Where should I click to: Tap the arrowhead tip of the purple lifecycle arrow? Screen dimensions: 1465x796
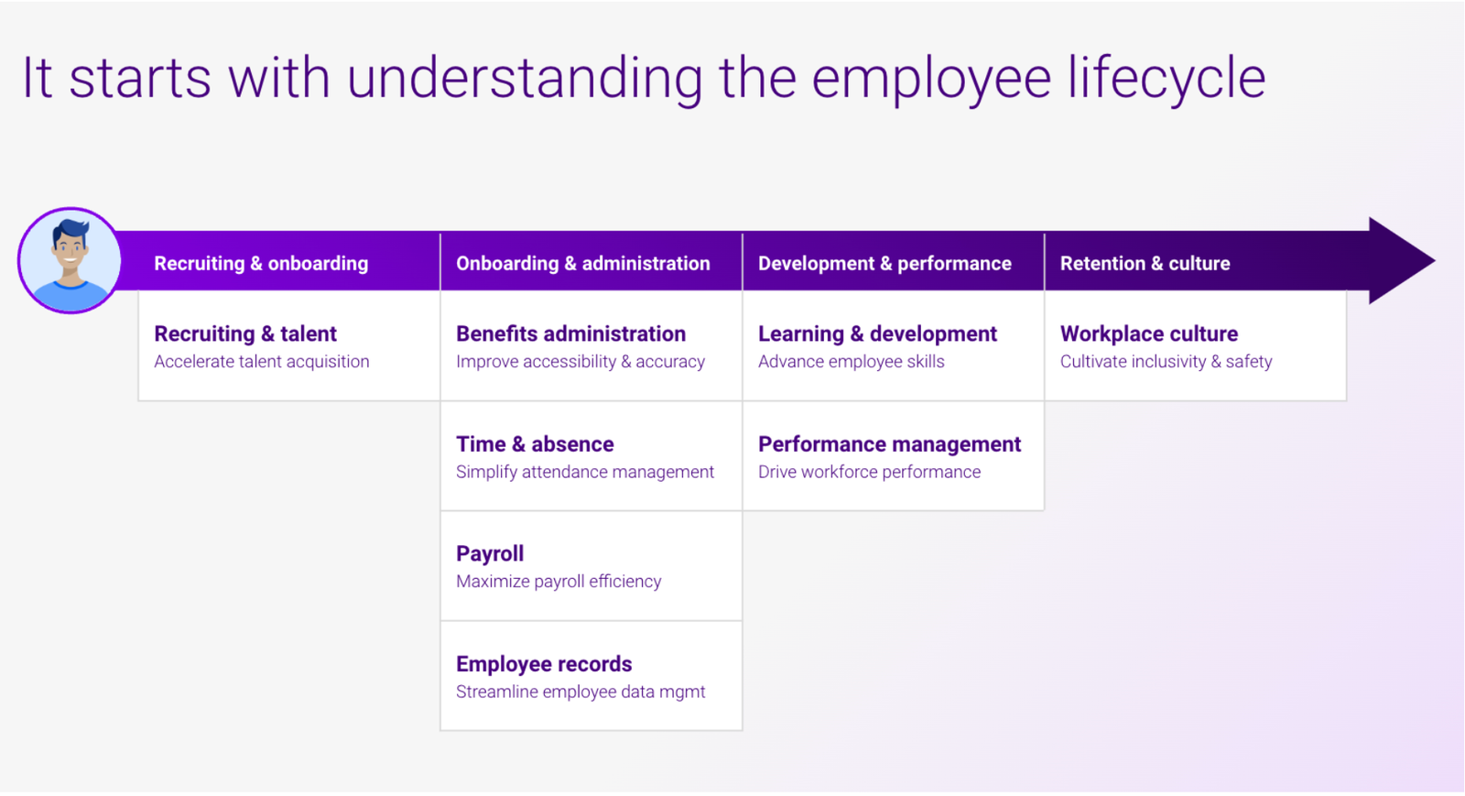coord(1435,261)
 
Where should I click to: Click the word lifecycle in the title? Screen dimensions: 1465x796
coord(1167,79)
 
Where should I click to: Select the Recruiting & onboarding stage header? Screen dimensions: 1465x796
coord(261,263)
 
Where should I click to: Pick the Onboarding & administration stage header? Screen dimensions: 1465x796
coord(582,263)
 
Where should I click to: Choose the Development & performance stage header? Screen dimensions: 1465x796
coord(884,263)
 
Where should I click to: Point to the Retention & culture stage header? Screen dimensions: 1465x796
coord(1145,263)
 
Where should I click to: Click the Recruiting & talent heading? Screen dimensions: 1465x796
coord(245,333)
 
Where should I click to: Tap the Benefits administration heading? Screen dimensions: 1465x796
coord(571,333)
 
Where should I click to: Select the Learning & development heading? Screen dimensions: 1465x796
coord(878,333)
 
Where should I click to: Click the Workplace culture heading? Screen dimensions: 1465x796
coord(1149,333)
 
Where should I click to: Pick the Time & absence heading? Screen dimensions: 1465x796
coord(535,444)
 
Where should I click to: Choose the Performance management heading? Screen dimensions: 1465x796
coord(889,444)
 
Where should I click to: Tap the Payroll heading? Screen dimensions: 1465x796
coord(490,554)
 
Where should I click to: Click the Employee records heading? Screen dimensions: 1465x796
coord(544,664)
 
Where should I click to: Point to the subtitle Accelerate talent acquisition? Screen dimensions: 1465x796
coord(262,362)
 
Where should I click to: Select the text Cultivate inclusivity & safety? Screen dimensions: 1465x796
coord(1167,362)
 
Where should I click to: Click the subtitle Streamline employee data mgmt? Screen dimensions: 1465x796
coord(581,692)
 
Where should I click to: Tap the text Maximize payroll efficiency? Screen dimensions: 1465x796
coord(559,582)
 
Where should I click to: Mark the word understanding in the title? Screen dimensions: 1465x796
coord(525,79)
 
